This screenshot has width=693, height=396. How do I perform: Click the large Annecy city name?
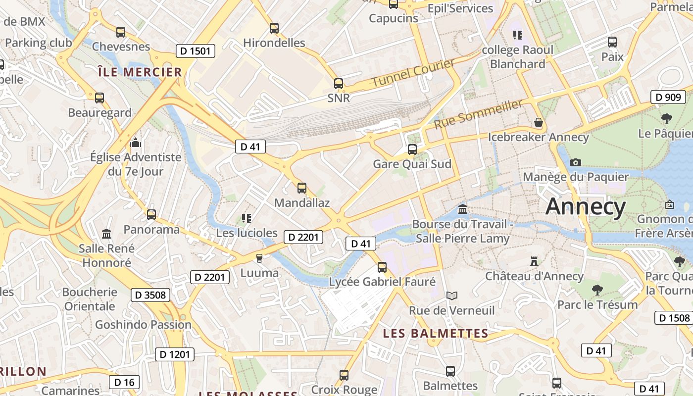[585, 206]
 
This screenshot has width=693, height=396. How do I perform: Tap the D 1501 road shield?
[195, 50]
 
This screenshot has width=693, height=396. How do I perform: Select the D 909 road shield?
[668, 97]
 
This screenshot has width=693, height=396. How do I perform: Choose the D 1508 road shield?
[673, 317]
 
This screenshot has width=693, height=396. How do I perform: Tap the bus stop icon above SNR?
[339, 84]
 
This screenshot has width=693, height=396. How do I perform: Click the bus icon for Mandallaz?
[302, 188]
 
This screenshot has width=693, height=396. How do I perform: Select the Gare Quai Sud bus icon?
[412, 149]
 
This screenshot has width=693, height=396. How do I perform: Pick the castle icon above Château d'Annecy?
[534, 261]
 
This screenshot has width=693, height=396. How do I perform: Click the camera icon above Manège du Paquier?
[575, 162]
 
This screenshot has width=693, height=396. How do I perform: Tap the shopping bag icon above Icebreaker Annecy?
[539, 122]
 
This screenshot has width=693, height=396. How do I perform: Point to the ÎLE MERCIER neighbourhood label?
[140, 72]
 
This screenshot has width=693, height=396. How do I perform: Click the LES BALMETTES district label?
[436, 334]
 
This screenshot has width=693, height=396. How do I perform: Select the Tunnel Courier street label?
[413, 73]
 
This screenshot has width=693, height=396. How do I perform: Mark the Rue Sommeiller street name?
[478, 114]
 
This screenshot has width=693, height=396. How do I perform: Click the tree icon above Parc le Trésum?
[597, 290]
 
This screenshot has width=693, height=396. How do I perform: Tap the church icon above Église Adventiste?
[136, 144]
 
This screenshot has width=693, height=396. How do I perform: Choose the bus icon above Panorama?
[151, 215]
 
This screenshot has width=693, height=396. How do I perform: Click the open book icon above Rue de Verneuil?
[451, 296]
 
